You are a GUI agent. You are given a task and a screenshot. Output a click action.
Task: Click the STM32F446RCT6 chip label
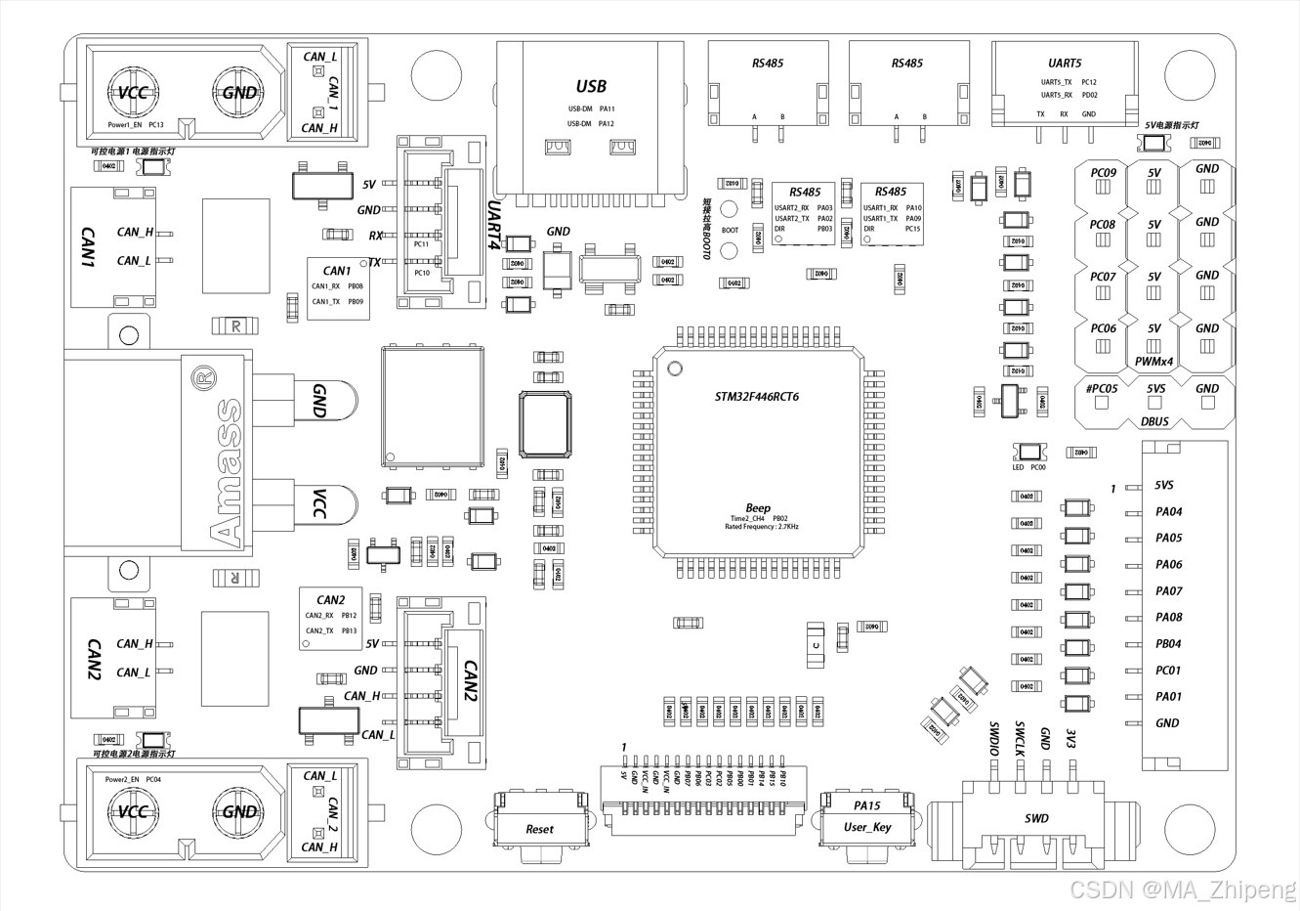[x=757, y=397]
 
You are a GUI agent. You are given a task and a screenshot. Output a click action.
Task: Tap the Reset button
[x=539, y=829]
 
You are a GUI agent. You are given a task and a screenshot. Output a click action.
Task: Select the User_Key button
[x=867, y=827]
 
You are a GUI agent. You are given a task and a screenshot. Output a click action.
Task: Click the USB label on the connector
[x=591, y=87]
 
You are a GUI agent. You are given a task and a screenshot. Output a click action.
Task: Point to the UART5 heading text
[x=1065, y=64]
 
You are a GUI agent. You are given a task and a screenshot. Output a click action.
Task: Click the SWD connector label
[x=1036, y=818]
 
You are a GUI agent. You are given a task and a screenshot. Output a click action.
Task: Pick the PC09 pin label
[x=1103, y=173]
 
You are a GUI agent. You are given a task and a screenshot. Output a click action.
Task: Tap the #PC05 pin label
[x=1102, y=388]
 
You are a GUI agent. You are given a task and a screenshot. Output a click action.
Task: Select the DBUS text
[x=1154, y=421]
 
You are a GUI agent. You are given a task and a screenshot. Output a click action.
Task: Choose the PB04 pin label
[x=1168, y=644]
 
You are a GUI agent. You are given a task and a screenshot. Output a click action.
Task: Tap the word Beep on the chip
[x=758, y=508]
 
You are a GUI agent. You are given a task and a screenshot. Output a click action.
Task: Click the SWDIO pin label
[x=994, y=739]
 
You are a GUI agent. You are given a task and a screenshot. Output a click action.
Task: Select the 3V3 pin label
[x=1071, y=737]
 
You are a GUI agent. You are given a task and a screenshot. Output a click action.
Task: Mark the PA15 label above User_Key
[x=866, y=805]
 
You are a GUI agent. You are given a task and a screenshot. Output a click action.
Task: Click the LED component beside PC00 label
[x=1030, y=452]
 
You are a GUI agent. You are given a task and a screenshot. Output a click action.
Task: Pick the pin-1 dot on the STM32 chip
[x=674, y=368]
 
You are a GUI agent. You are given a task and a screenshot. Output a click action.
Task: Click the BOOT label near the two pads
[x=730, y=231]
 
